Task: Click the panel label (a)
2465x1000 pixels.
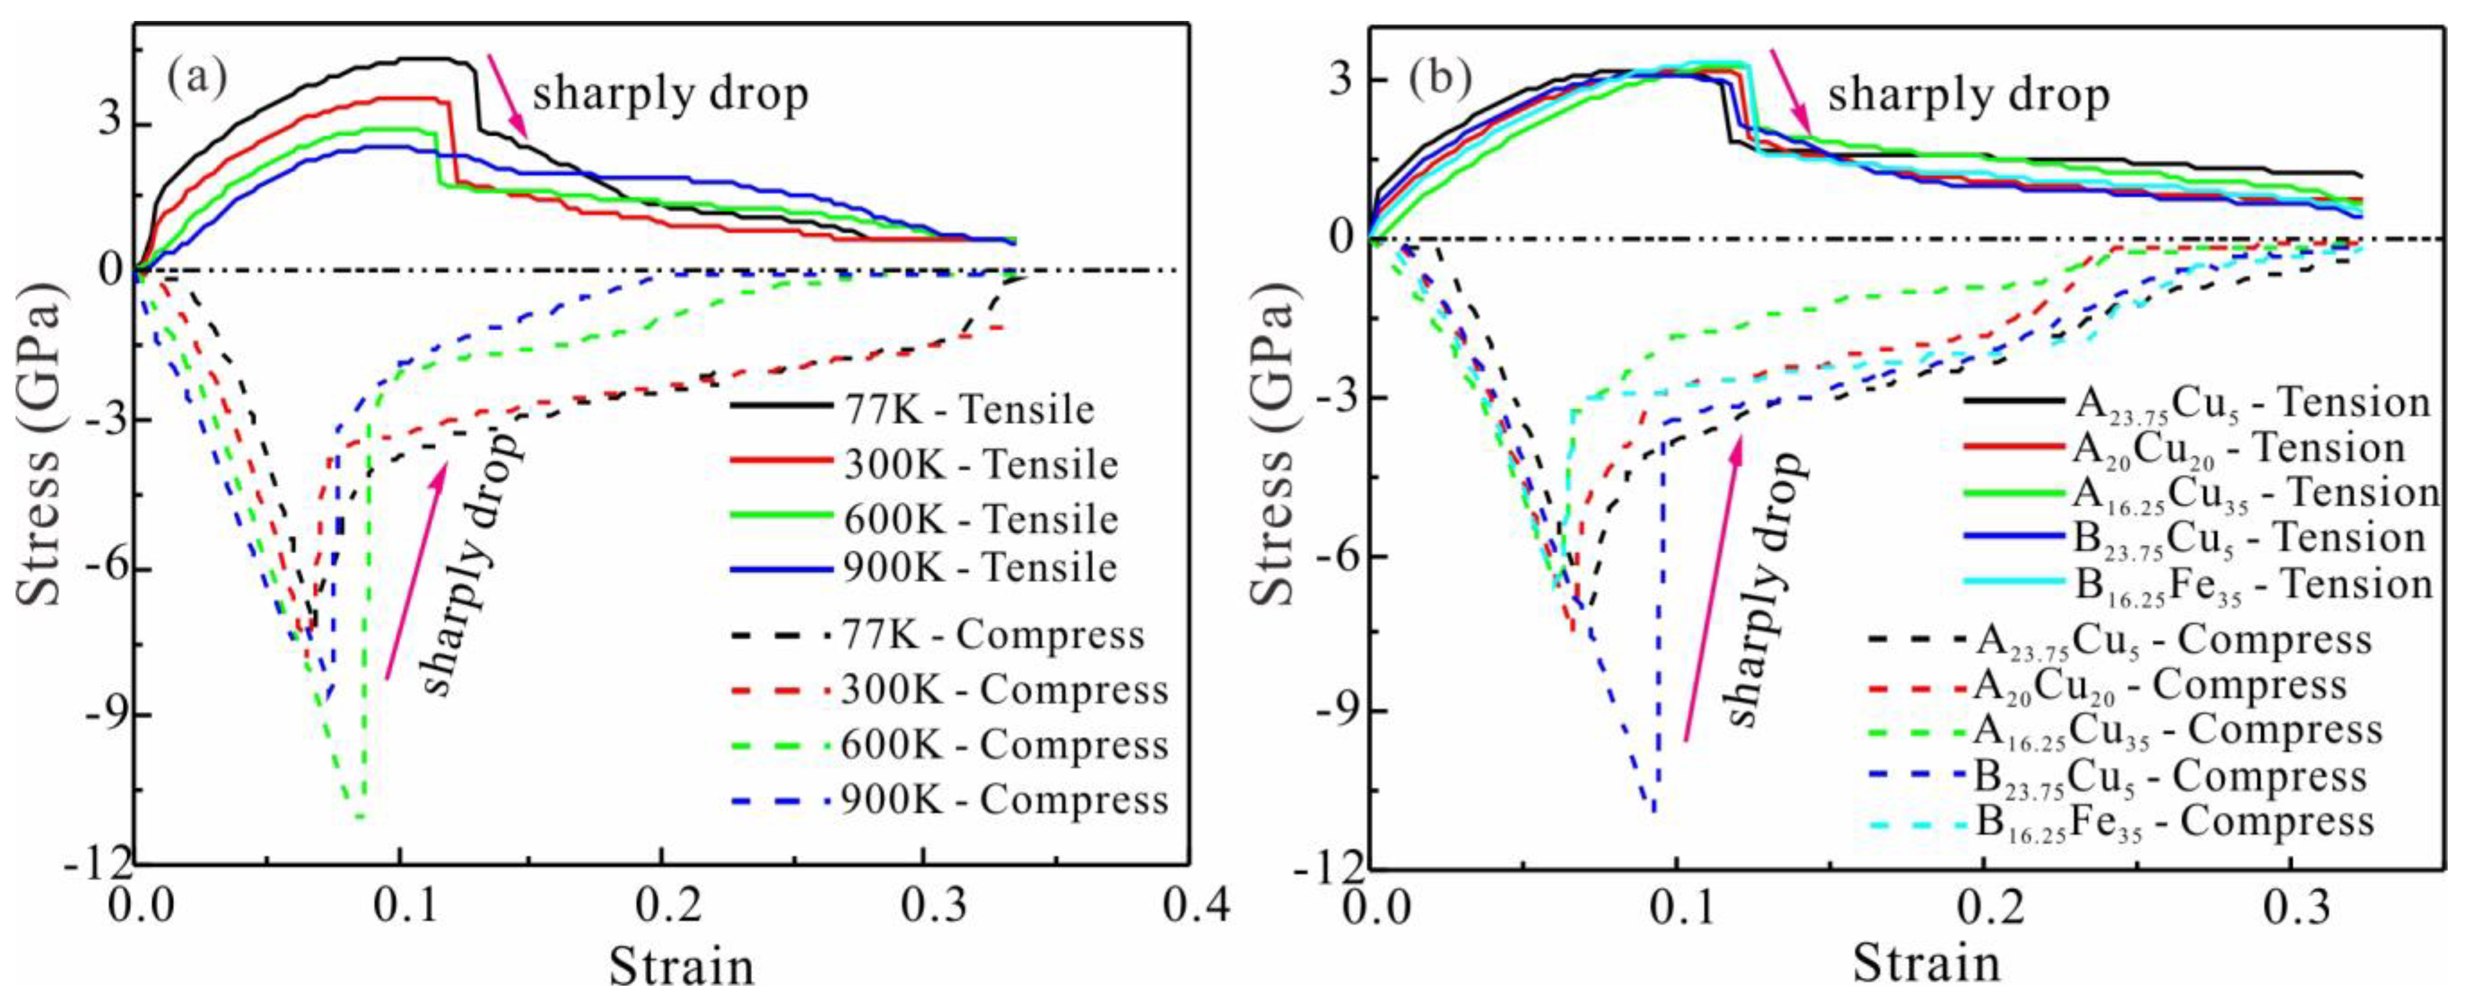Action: [x=197, y=78]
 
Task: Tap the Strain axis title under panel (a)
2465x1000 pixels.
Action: [x=681, y=967]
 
